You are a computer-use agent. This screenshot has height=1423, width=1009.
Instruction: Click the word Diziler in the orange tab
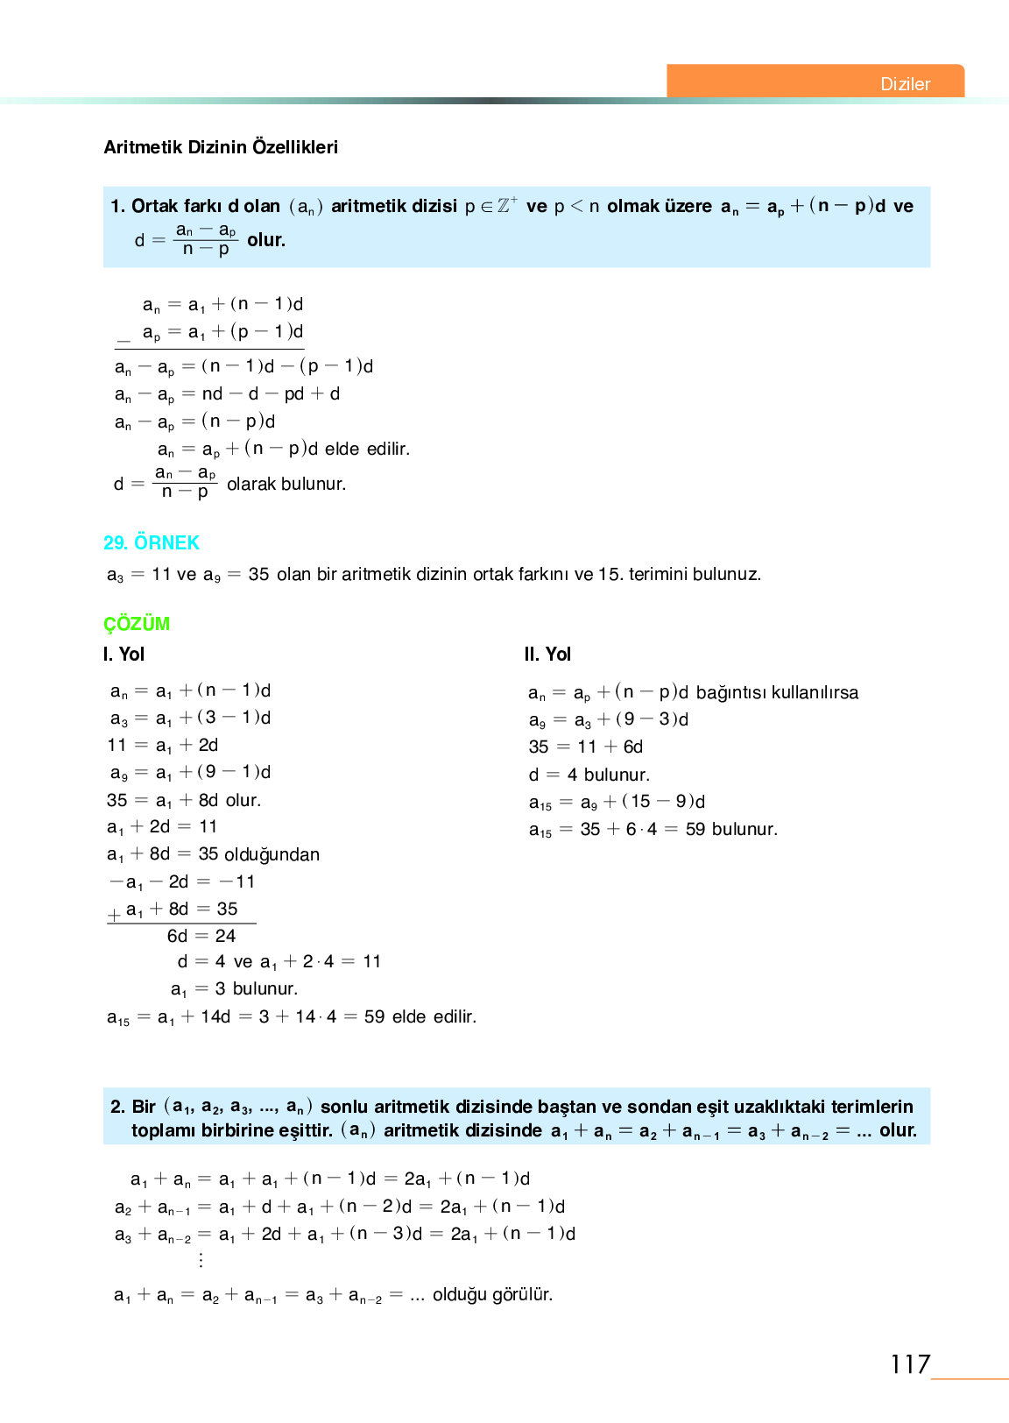(905, 84)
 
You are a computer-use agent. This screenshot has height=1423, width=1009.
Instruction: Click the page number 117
(909, 1364)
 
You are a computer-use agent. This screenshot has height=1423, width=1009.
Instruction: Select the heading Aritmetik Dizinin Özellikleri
(221, 147)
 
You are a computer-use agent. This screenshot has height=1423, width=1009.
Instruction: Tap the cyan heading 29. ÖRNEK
(152, 543)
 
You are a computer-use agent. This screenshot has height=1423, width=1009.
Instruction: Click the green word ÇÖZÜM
(137, 624)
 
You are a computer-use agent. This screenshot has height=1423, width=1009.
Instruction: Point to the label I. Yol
(123, 655)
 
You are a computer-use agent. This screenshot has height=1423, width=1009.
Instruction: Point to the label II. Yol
(547, 655)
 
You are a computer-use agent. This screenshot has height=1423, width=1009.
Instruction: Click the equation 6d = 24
(201, 936)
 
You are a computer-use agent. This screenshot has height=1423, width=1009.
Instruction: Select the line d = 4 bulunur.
(589, 775)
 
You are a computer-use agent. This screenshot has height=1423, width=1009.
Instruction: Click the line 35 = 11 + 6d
(585, 747)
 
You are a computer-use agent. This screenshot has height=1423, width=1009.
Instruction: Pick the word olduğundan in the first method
(272, 854)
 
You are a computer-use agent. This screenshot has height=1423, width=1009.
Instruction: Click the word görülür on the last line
(522, 1295)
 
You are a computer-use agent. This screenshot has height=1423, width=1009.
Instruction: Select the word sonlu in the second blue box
(343, 1107)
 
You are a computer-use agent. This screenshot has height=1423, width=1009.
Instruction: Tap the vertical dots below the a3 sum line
(201, 1260)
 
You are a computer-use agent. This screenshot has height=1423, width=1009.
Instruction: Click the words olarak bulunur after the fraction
(286, 484)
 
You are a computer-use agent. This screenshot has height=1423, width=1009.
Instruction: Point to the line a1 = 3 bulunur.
(234, 989)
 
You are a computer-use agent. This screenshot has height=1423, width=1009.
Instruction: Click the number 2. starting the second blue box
(118, 1107)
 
